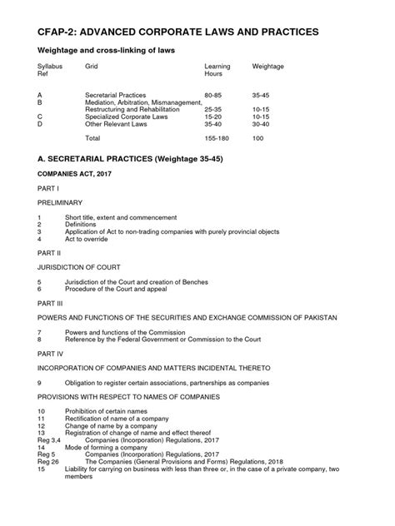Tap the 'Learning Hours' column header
[217, 69]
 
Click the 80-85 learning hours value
[213, 96]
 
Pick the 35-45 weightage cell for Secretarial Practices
[262, 96]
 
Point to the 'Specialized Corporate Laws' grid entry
[126, 117]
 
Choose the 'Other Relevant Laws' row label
[114, 124]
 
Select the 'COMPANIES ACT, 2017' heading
[77, 174]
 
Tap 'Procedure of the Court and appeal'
[118, 288]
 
